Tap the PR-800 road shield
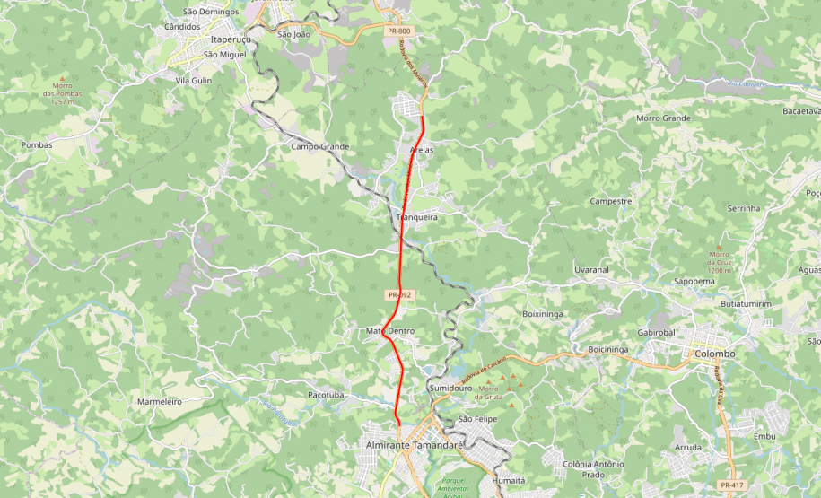(x=399, y=31)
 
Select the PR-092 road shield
(x=399, y=294)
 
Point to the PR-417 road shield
(x=731, y=485)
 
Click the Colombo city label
(x=714, y=354)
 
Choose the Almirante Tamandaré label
(x=413, y=445)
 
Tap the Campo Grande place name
(x=319, y=146)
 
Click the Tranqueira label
(x=416, y=217)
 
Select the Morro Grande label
(x=663, y=118)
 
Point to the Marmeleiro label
(x=160, y=401)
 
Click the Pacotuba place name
(x=326, y=394)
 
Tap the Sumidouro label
(x=450, y=388)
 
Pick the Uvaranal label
(x=591, y=269)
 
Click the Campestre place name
(x=611, y=201)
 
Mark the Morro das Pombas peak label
(x=68, y=93)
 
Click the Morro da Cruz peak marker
(x=718, y=247)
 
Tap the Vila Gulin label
(x=193, y=80)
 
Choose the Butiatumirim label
(x=746, y=304)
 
